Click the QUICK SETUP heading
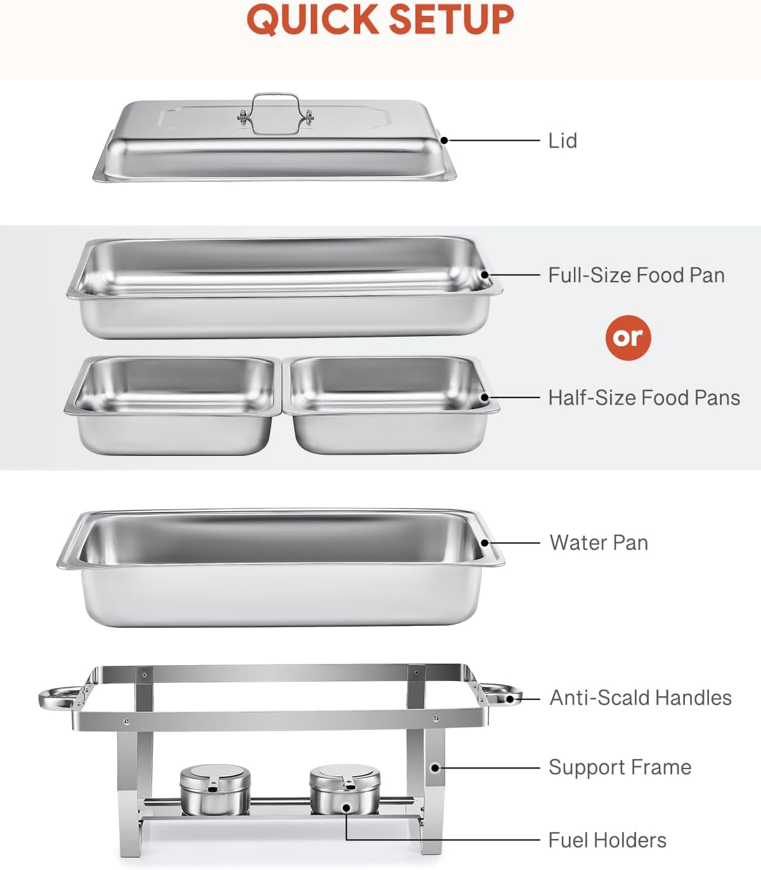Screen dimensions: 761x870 coord(380,20)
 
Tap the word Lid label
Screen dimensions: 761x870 coord(563,141)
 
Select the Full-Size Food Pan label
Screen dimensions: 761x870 coord(636,275)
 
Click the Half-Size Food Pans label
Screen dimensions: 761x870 coord(644,398)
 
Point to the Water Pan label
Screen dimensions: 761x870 coord(599,543)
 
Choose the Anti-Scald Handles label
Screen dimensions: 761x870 coord(641,698)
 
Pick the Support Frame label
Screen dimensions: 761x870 coord(620,767)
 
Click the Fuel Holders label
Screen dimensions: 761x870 coord(607,840)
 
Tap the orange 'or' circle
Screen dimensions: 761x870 coord(628,337)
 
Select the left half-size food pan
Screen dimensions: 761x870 coord(172,405)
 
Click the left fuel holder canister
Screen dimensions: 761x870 coord(215,789)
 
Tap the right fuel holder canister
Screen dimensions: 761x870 coord(345,789)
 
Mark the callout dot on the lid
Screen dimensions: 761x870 coord(445,140)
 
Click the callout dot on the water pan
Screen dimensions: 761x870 coord(485,543)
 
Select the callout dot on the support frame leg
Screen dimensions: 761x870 coord(435,767)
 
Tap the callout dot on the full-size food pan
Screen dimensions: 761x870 coord(485,275)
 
